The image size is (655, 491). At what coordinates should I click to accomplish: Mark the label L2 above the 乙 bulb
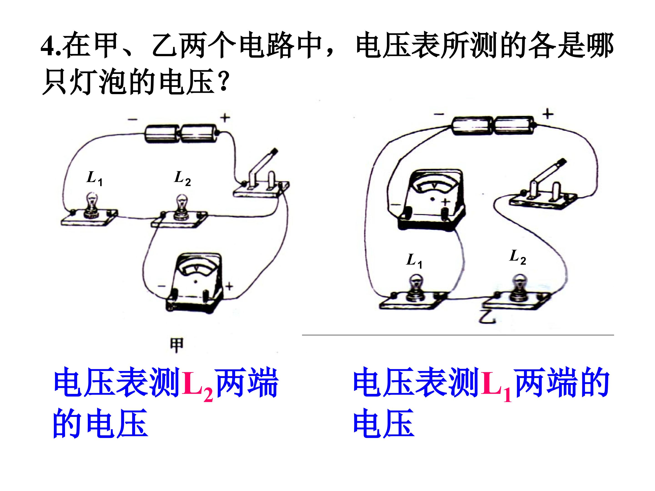click(518, 257)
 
